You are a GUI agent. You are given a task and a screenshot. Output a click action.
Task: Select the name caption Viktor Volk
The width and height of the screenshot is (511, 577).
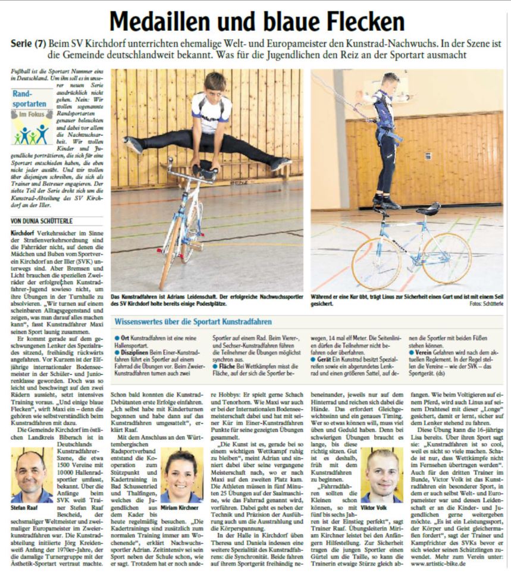click(x=376, y=509)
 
